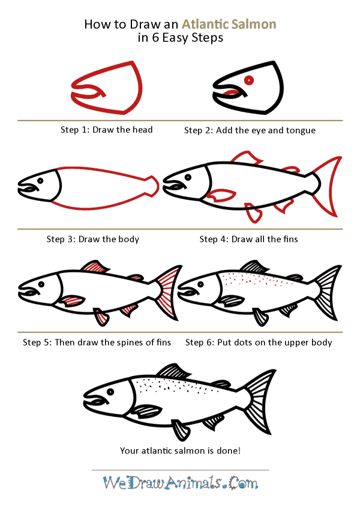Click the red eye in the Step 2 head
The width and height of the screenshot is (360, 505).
pos(248,80)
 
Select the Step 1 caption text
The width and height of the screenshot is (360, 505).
pos(106,130)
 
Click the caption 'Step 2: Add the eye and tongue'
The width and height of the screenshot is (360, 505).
pos(250,130)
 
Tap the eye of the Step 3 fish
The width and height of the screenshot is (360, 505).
pos(40,181)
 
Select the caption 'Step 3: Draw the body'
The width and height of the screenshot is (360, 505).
pos(92,239)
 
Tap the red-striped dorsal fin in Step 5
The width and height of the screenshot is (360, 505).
pos(92,266)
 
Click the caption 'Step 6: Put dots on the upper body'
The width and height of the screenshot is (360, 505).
pos(259,342)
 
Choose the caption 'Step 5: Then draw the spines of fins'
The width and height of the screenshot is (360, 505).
pos(97,342)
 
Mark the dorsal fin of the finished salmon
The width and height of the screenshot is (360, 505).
pos(170,371)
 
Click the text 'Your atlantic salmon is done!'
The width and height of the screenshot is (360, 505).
pos(180,449)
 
